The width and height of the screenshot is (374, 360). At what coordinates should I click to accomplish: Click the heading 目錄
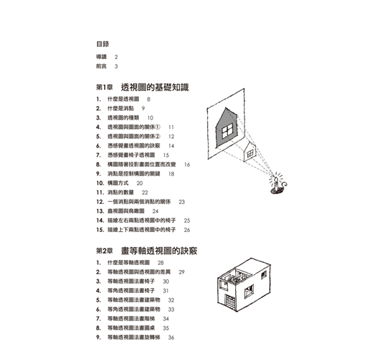103,44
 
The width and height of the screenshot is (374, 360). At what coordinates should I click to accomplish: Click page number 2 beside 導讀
117,57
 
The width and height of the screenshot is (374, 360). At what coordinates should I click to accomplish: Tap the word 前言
101,66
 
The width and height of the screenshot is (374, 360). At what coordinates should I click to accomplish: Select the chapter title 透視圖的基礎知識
155,87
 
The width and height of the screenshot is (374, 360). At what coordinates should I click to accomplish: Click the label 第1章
104,87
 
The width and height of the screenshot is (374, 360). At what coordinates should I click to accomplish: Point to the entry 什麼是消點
121,109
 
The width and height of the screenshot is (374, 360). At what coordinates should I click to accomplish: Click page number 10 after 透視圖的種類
150,118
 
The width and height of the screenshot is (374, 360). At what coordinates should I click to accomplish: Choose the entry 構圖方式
118,183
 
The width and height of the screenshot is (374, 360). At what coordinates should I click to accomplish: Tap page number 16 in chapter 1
187,165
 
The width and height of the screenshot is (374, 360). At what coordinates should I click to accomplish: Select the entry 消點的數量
121,192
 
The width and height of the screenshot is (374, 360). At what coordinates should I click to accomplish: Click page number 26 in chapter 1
187,230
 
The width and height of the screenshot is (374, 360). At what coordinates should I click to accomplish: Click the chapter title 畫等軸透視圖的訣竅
159,251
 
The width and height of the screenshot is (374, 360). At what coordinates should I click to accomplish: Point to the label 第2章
104,251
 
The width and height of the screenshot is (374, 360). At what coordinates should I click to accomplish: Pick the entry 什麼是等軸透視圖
129,263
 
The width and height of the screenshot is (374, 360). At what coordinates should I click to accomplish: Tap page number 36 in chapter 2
171,338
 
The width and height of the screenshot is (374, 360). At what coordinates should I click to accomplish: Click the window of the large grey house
227,131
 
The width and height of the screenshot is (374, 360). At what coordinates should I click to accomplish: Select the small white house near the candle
250,152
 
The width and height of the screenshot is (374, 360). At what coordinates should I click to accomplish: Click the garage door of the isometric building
230,302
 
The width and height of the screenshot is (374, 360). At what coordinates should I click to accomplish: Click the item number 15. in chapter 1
100,230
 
